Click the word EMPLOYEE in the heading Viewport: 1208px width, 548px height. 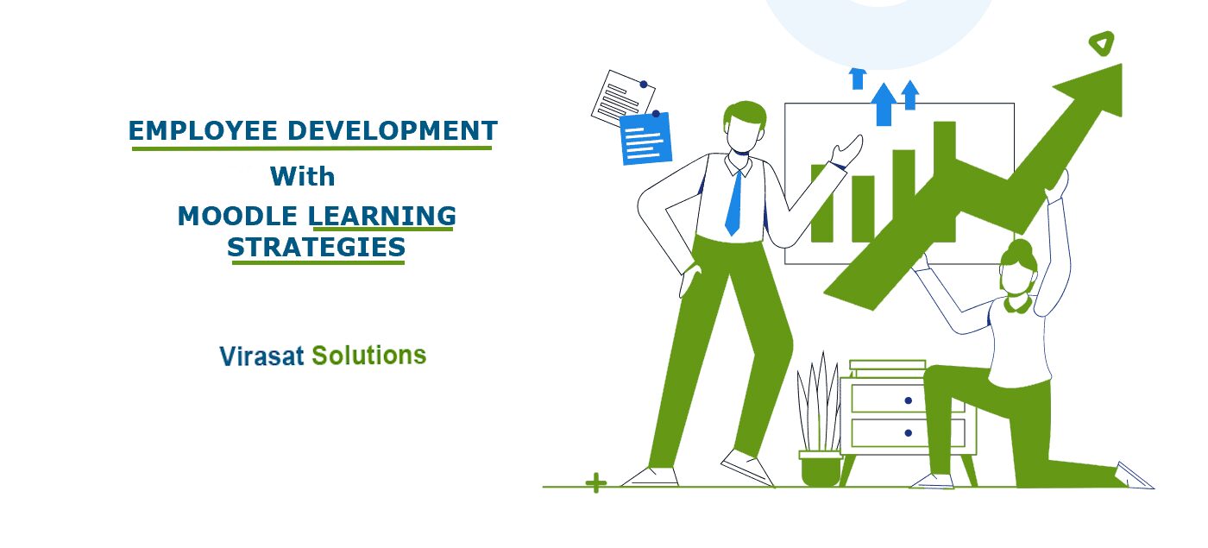pos(203,130)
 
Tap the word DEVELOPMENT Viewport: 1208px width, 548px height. pos(393,130)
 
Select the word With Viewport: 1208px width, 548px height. pos(302,176)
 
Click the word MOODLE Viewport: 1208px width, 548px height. pos(237,217)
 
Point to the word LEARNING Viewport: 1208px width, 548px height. pos(381,217)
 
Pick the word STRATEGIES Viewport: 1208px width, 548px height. pos(316,248)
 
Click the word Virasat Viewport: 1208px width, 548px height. pos(261,356)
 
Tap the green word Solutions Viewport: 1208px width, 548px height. pos(369,356)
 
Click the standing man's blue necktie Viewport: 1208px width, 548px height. pos(733,203)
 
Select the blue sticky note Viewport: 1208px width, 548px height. pos(646,139)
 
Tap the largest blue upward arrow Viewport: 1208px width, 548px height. pos(884,104)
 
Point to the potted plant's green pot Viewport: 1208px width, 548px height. pos(821,468)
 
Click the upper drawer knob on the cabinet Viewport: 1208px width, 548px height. pos(908,400)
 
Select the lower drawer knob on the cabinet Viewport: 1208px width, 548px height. pos(908,433)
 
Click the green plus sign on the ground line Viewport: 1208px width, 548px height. pos(596,483)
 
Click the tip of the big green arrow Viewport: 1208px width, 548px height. pos(1122,64)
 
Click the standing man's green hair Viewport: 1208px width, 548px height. pos(744,113)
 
